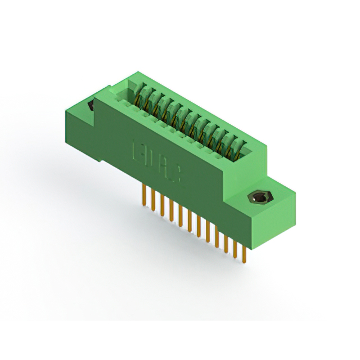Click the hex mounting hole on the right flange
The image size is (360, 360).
(259, 197)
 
